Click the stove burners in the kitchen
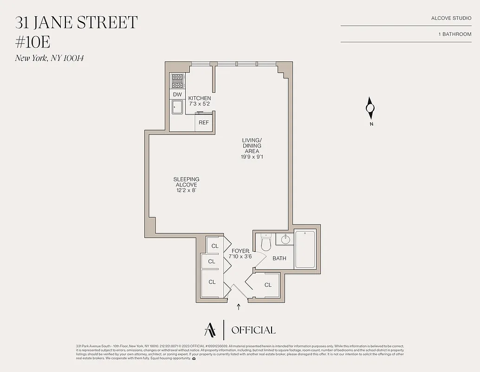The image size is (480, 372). coord(177,81)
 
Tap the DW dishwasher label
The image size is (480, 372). coord(177,94)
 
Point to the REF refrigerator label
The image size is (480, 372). coord(204,123)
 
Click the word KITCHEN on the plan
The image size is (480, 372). coord(200,98)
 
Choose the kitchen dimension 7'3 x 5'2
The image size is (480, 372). coord(200,104)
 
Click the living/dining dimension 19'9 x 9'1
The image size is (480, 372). coord(252,157)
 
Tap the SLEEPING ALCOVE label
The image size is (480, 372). coord(187,182)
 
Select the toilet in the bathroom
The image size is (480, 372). coord(266,243)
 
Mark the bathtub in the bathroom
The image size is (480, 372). coord(305,249)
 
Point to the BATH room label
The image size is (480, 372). coord(279,259)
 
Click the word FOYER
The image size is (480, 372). coord(240,251)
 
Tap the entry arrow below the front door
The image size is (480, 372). coord(239,307)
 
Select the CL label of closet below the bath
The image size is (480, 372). coord(268,285)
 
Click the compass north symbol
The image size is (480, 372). coord(370,109)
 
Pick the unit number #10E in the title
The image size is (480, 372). coord(32,42)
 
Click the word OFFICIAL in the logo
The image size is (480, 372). coord(253,330)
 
